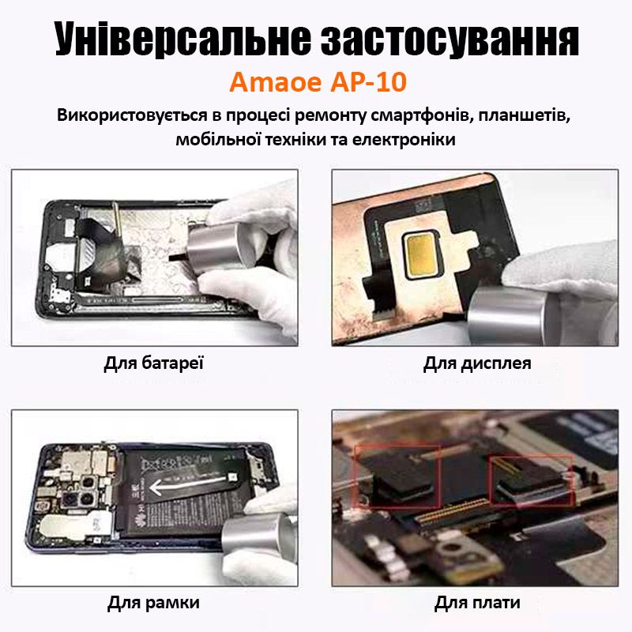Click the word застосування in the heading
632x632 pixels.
tap(450, 39)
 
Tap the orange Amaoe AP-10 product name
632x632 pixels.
tap(318, 82)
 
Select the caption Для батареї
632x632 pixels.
tap(153, 363)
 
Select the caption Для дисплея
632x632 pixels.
tap(477, 363)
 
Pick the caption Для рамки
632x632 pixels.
tap(153, 603)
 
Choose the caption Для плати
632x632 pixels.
tap(477, 603)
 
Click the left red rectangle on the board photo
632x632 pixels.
tap(397, 477)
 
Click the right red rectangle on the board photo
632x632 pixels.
tap(531, 480)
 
